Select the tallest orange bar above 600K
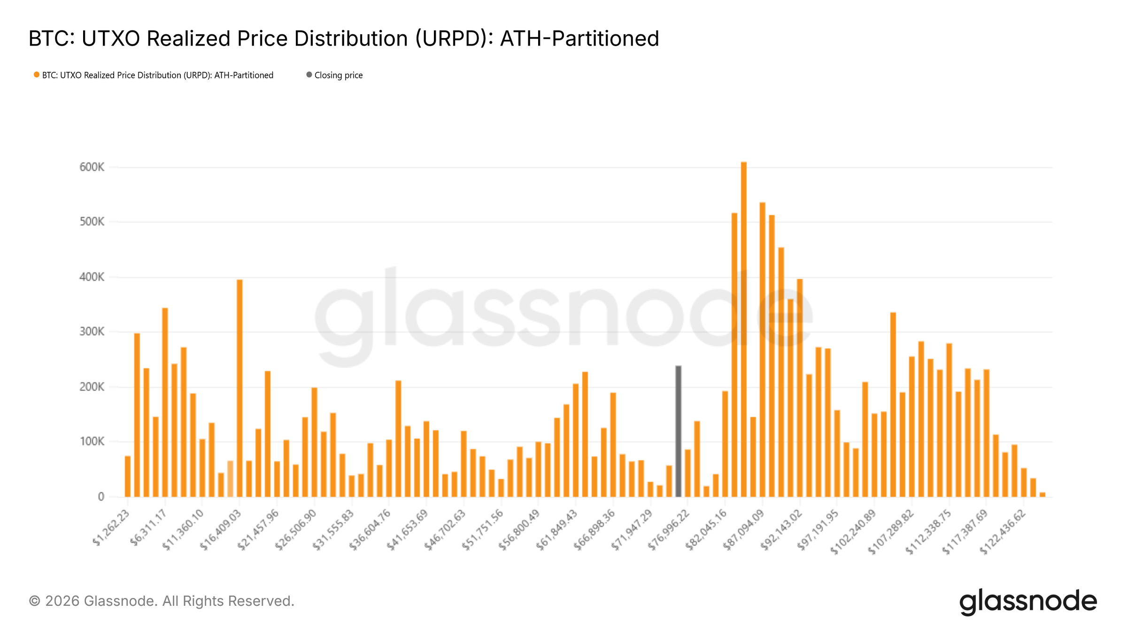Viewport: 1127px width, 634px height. [743, 329]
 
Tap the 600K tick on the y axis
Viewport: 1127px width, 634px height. [92, 167]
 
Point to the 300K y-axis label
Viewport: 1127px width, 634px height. [92, 332]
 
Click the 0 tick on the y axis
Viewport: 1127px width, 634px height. [101, 497]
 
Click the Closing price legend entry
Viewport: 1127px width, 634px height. [338, 75]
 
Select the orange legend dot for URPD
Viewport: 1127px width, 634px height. [36, 75]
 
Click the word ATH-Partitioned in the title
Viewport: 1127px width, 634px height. [579, 39]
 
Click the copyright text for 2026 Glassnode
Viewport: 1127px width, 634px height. [162, 601]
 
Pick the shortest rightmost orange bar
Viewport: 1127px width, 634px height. [1042, 494]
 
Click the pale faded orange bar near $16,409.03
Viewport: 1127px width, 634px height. [230, 479]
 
